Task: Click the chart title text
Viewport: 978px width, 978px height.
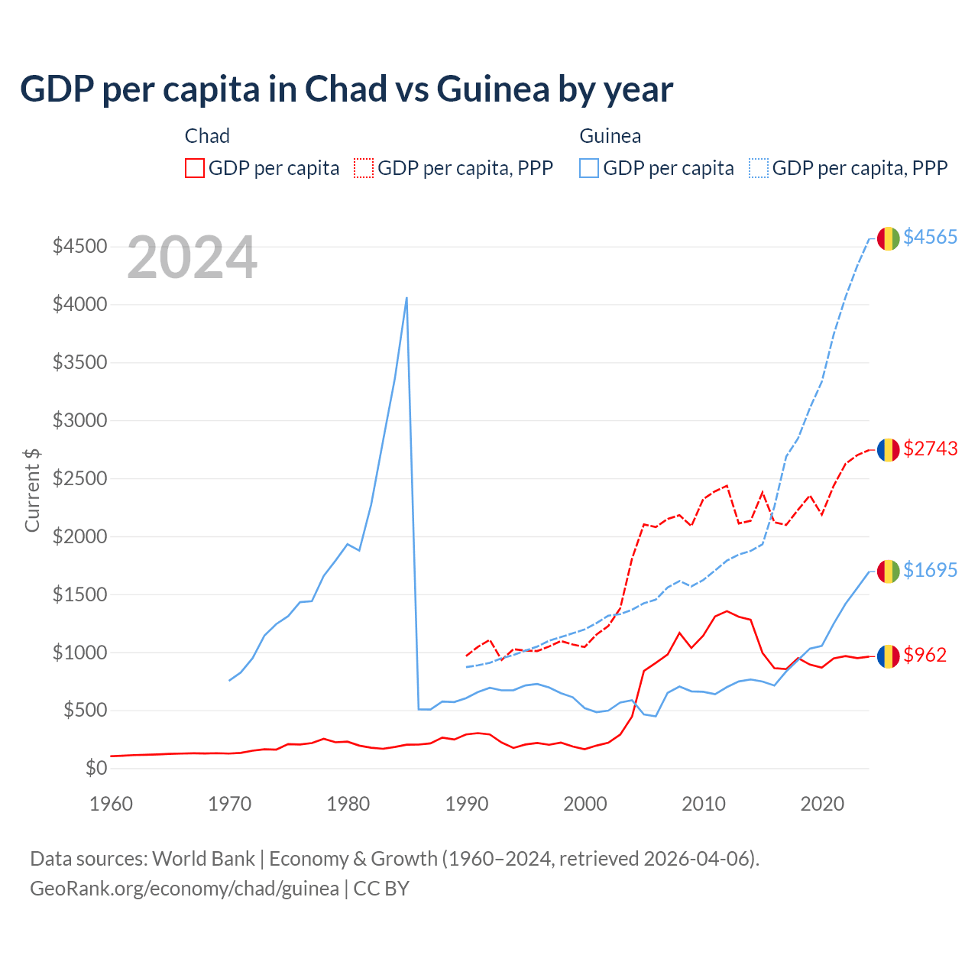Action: (x=346, y=89)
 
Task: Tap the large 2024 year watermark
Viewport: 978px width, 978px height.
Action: (x=192, y=258)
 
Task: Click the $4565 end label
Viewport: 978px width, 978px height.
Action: (x=930, y=237)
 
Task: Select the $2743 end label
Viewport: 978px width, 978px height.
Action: (x=930, y=449)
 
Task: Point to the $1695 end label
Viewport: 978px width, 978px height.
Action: (x=930, y=570)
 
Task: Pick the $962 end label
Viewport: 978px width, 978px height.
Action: (x=925, y=655)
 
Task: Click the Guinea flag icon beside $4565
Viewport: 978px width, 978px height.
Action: (x=888, y=238)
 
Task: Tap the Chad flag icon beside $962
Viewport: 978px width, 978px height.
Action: (x=888, y=656)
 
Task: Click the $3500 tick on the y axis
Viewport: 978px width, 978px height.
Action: (x=79, y=362)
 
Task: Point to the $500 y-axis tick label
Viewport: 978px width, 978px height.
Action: (x=85, y=710)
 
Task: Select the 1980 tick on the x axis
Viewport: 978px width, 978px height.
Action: (x=348, y=804)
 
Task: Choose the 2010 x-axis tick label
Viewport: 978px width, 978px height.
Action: (x=704, y=804)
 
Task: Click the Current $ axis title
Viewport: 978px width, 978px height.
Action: (x=32, y=490)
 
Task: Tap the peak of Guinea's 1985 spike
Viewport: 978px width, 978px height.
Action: (x=406, y=298)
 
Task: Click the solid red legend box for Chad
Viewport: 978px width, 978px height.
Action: (x=195, y=168)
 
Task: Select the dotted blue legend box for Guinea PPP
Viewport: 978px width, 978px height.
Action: (x=759, y=168)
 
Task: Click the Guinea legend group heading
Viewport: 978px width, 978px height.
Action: (x=610, y=136)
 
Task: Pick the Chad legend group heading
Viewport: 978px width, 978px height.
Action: (x=207, y=136)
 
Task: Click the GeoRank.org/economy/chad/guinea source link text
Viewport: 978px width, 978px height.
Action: (x=184, y=889)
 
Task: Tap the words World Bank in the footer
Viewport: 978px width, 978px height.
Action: (x=203, y=859)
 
